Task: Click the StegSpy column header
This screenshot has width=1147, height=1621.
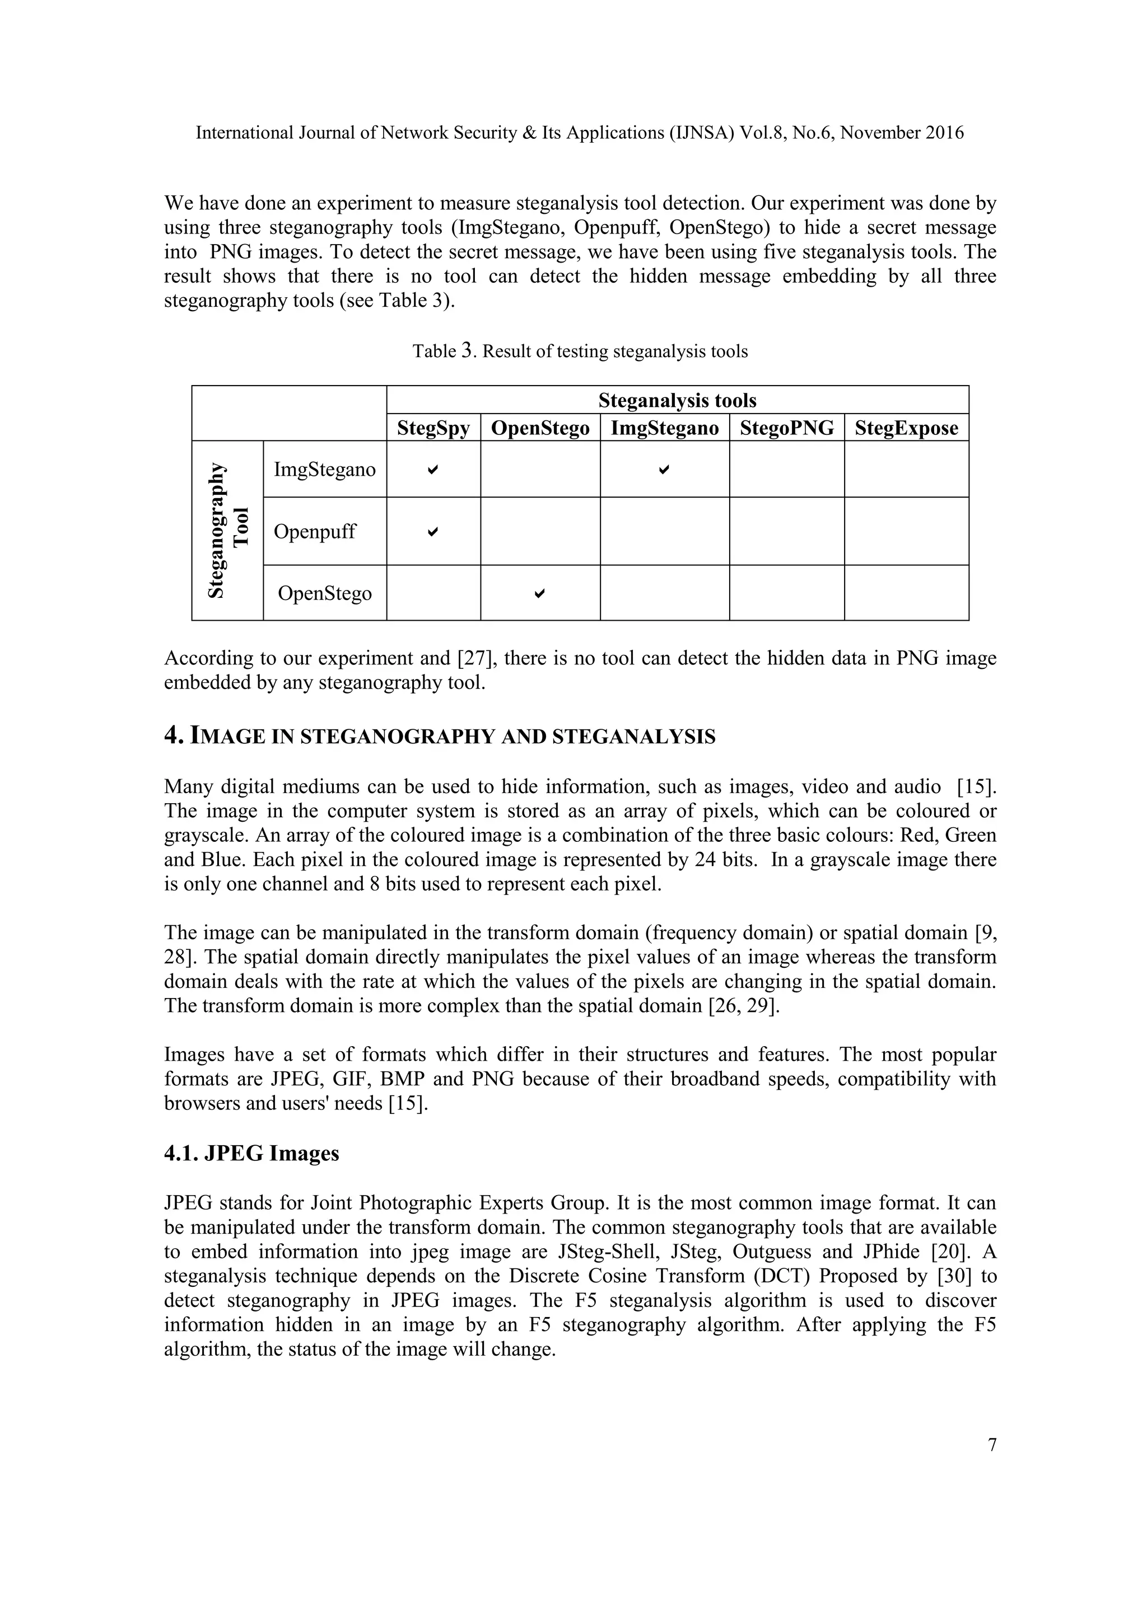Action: click(433, 428)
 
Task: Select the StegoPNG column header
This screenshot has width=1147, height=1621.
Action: click(786, 428)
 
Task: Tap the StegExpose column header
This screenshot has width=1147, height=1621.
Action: click(906, 428)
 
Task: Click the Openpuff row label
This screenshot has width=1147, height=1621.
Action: click(314, 532)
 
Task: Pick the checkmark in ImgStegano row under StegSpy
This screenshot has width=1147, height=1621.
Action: click(433, 470)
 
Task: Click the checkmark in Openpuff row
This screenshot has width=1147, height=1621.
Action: click(433, 531)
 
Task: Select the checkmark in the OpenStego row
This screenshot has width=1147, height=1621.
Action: click(539, 593)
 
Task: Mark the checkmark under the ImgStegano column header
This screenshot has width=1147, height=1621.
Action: click(664, 470)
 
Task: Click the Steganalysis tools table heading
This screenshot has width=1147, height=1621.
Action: click(677, 400)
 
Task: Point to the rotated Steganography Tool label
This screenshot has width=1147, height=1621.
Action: click(228, 531)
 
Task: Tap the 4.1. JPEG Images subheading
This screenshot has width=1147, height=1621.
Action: click(251, 1154)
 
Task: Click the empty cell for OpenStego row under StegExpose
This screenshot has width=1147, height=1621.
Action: click(906, 593)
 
